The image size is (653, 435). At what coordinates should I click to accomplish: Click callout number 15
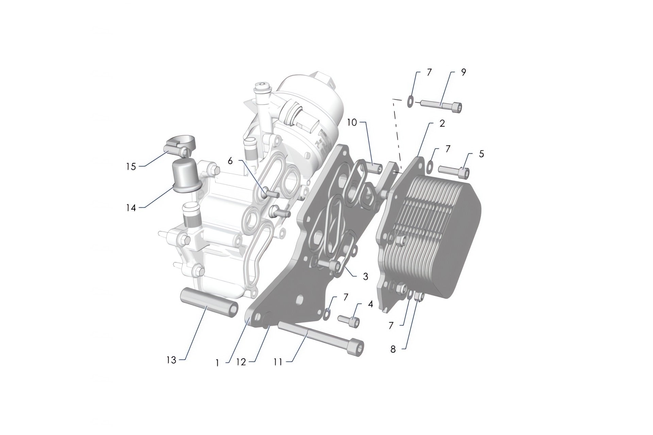[131, 167]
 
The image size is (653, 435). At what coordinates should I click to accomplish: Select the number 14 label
[131, 208]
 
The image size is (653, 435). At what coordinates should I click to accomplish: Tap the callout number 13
[171, 360]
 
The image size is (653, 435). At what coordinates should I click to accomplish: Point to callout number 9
[464, 72]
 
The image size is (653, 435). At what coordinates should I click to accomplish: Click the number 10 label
[352, 122]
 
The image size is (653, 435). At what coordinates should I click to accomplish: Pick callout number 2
[442, 123]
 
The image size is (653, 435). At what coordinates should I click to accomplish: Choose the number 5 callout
[481, 154]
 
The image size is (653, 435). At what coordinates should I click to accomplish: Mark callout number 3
[365, 276]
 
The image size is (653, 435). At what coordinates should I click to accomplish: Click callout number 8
[393, 349]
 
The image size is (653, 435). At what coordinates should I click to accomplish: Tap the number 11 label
[278, 362]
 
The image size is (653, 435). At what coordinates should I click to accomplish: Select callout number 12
[241, 362]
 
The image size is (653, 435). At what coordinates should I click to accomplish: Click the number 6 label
[230, 161]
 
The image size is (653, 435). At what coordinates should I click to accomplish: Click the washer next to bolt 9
[410, 101]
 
